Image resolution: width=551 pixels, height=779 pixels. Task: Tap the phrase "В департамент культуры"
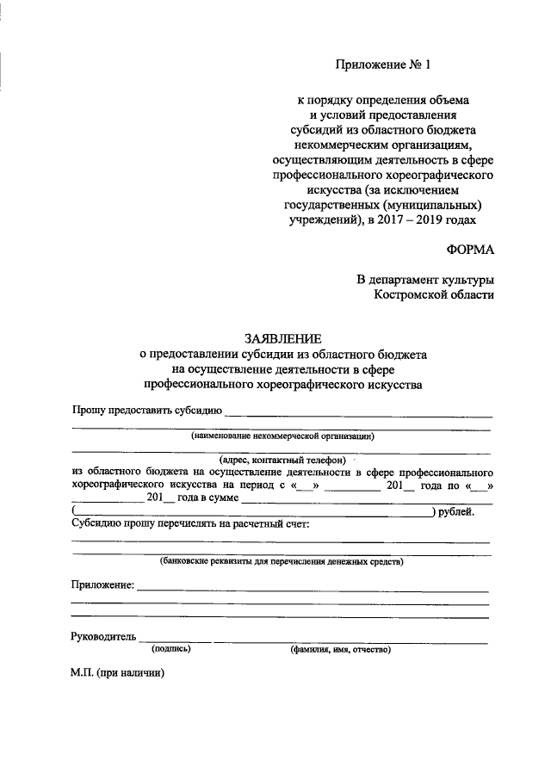pyautogui.click(x=426, y=280)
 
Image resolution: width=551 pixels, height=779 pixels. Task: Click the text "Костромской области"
pyautogui.click(x=435, y=295)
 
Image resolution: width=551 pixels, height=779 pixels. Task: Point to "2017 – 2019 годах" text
pyautogui.click(x=440, y=219)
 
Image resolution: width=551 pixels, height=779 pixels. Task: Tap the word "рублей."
pyautogui.click(x=456, y=512)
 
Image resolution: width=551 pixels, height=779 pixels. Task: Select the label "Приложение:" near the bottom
pyautogui.click(x=102, y=586)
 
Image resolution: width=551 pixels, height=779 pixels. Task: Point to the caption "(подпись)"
pyautogui.click(x=170, y=649)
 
